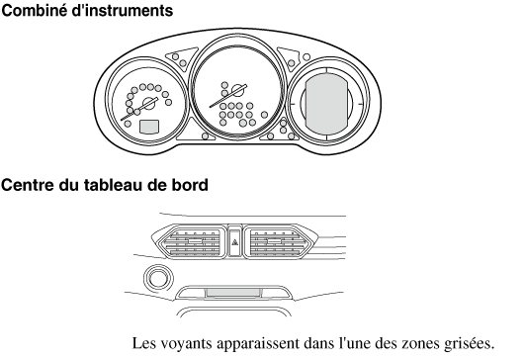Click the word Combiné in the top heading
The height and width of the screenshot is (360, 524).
coord(35,10)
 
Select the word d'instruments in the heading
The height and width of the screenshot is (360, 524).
coord(123,10)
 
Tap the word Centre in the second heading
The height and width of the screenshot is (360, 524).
coord(28,185)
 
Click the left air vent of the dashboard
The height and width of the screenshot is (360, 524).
coord(191,241)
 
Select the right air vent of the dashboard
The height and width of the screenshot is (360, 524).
coord(278,241)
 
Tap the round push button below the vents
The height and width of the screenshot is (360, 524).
coord(158,279)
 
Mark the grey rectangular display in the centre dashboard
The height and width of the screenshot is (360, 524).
coord(233,293)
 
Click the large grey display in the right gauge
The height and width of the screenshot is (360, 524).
coord(326,104)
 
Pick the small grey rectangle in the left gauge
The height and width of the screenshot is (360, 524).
coord(149,127)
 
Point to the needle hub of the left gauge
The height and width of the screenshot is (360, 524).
coord(148,103)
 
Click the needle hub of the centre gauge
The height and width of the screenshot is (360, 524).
coord(237,91)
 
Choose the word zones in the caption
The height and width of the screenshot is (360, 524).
coord(420,343)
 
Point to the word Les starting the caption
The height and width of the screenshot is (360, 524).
coord(144,342)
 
